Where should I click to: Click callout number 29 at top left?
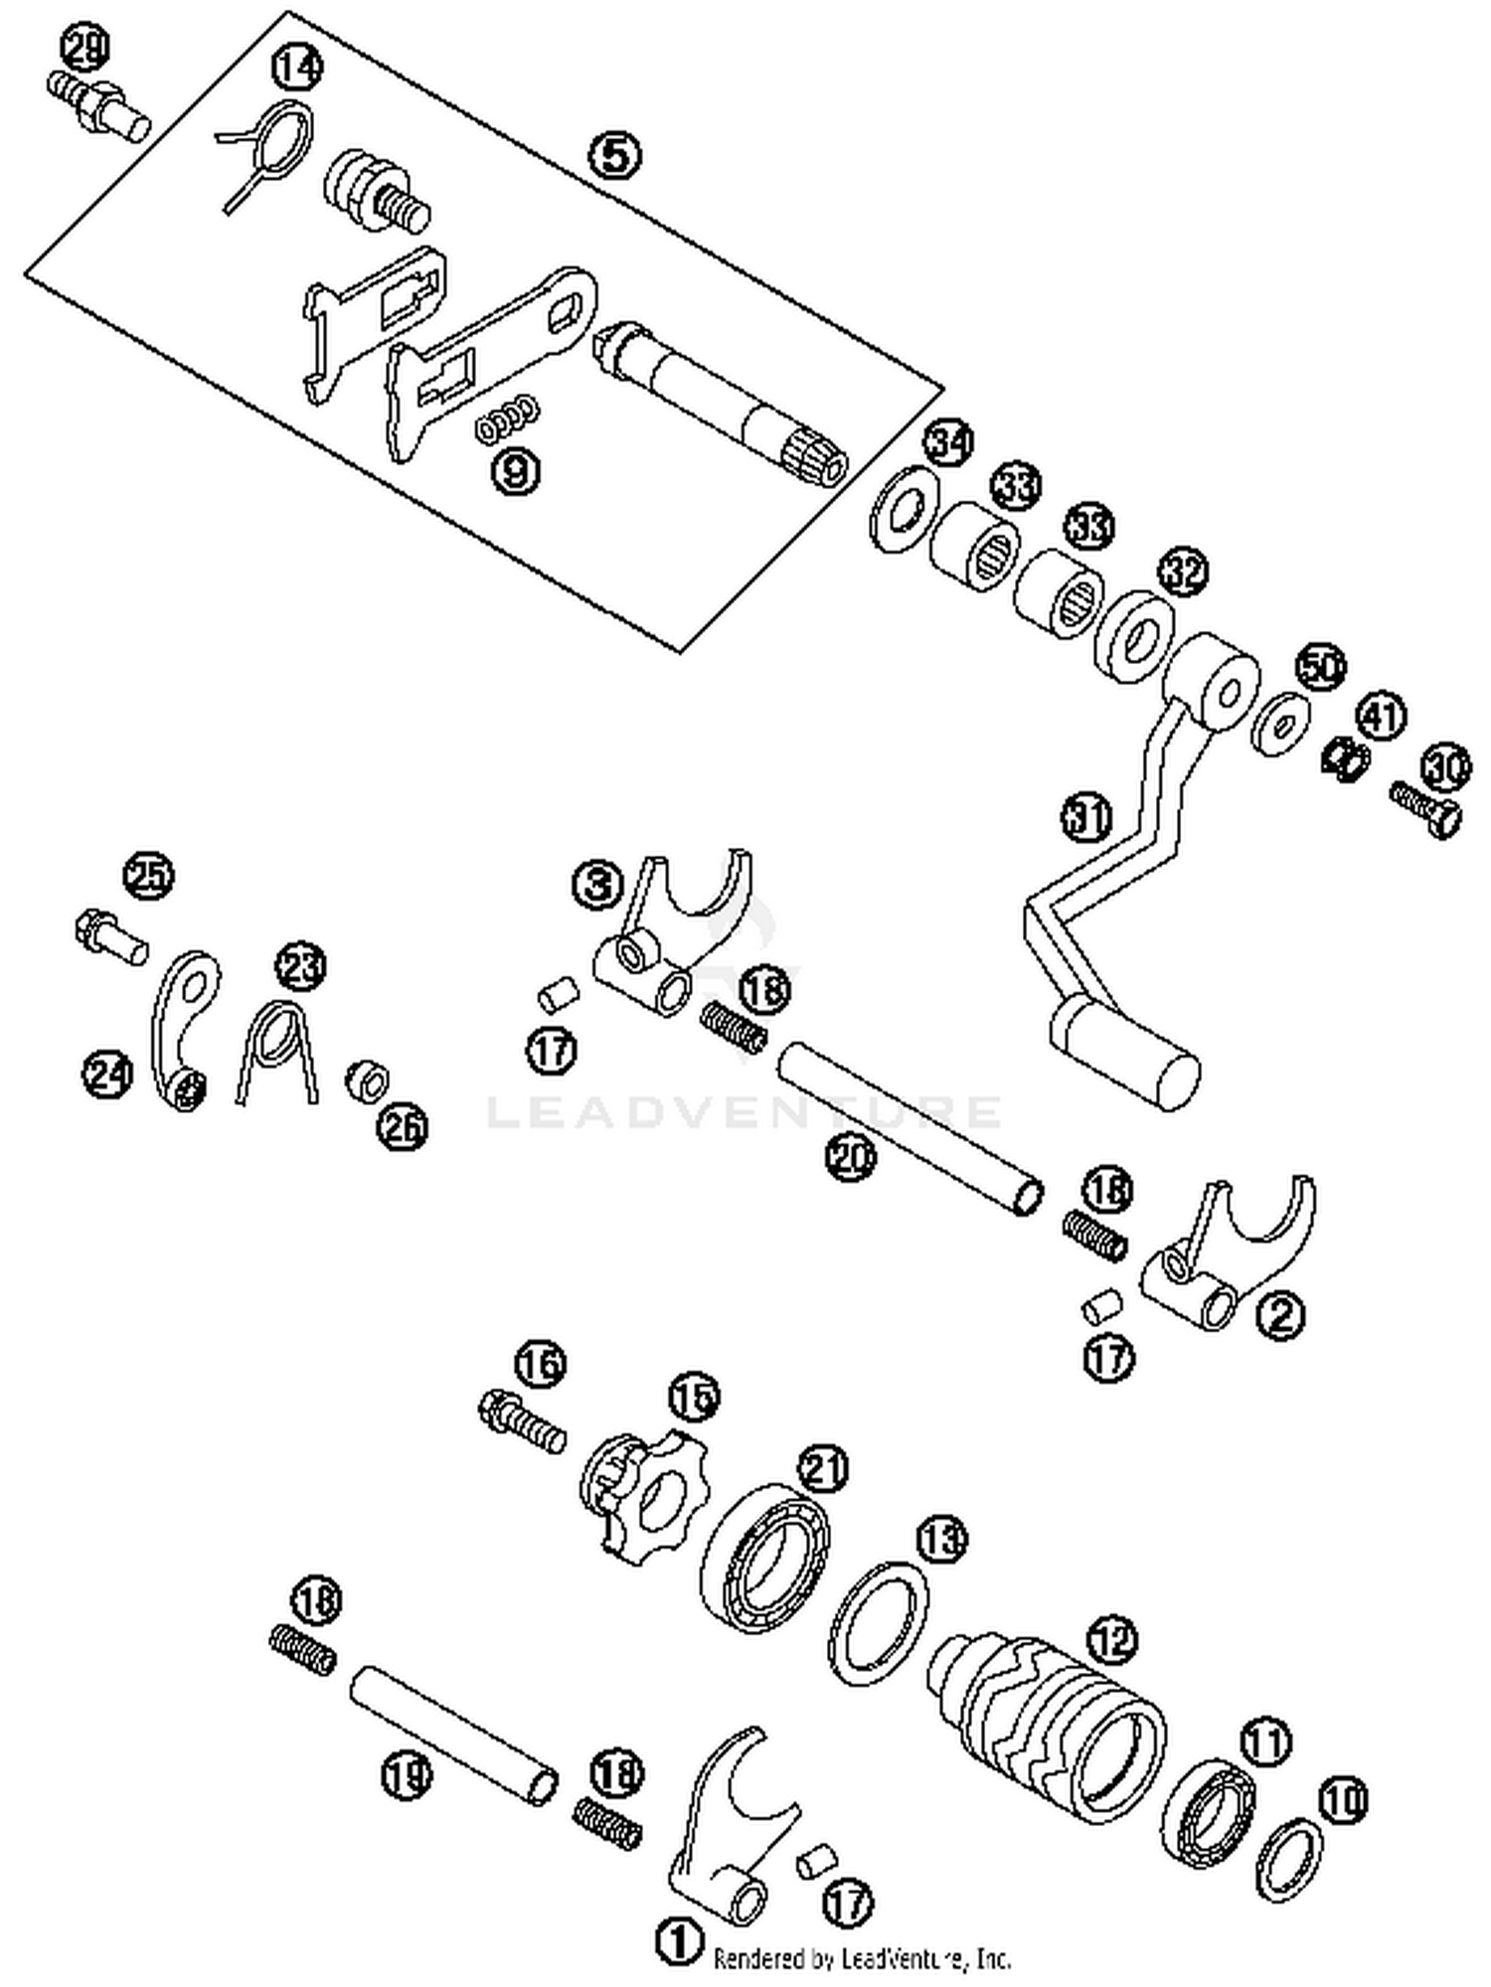[86, 48]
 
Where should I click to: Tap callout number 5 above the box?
[614, 155]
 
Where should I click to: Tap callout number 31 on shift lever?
[1085, 818]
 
